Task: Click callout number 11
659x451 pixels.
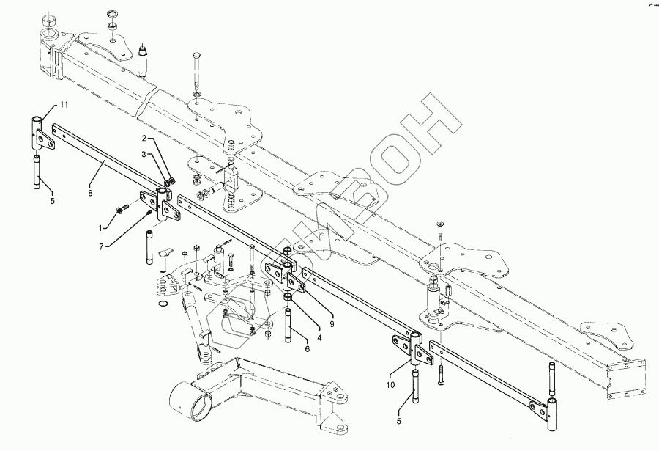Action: point(64,106)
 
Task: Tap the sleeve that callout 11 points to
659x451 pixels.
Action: point(37,132)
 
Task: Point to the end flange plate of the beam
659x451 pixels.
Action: point(628,375)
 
